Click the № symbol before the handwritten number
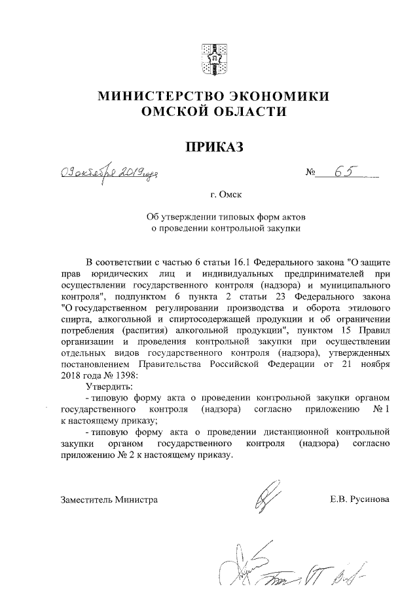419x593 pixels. point(311,175)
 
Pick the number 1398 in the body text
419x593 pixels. point(128,375)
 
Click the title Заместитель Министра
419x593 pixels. point(109,499)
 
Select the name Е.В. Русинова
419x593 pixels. point(360,499)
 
